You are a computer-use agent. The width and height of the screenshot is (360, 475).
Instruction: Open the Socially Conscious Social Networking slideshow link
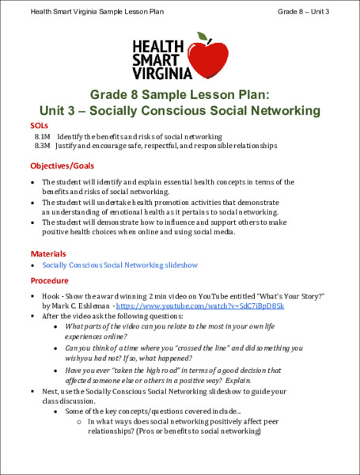coord(119,265)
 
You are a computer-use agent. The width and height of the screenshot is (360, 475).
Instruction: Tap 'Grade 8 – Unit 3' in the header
coord(303,12)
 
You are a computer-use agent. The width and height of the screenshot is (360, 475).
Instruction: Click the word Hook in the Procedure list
coord(51,294)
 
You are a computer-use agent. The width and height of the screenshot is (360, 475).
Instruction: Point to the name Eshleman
coord(91,305)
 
